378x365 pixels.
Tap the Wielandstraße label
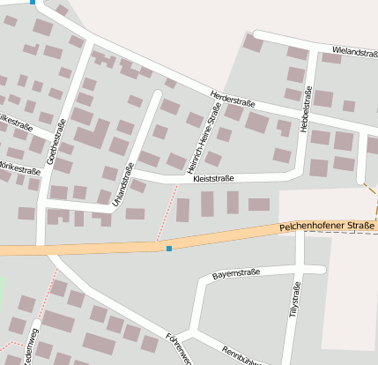pyautogui.click(x=354, y=53)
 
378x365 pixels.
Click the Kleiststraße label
pyautogui.click(x=213, y=179)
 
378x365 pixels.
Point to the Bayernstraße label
pyautogui.click(x=236, y=274)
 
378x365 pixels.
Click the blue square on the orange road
pyautogui.click(x=169, y=249)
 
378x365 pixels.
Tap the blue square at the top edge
pyautogui.click(x=33, y=3)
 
